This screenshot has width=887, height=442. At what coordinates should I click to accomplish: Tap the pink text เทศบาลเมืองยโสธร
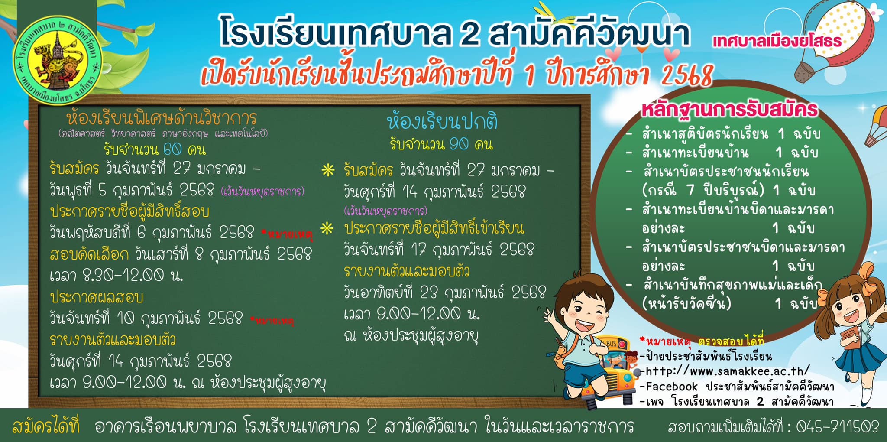(777, 42)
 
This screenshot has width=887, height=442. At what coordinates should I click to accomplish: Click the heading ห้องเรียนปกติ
(442, 122)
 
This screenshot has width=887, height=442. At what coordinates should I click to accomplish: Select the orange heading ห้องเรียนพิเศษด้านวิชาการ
(162, 118)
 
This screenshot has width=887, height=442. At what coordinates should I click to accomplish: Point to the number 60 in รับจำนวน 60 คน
(173, 149)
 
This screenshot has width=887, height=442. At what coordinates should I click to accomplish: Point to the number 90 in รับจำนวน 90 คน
(459, 144)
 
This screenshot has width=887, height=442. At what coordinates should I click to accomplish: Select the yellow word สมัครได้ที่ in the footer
(46, 426)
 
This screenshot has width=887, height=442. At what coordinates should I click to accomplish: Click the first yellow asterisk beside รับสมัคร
(328, 170)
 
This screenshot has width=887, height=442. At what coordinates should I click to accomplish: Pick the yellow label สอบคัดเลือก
(89, 254)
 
